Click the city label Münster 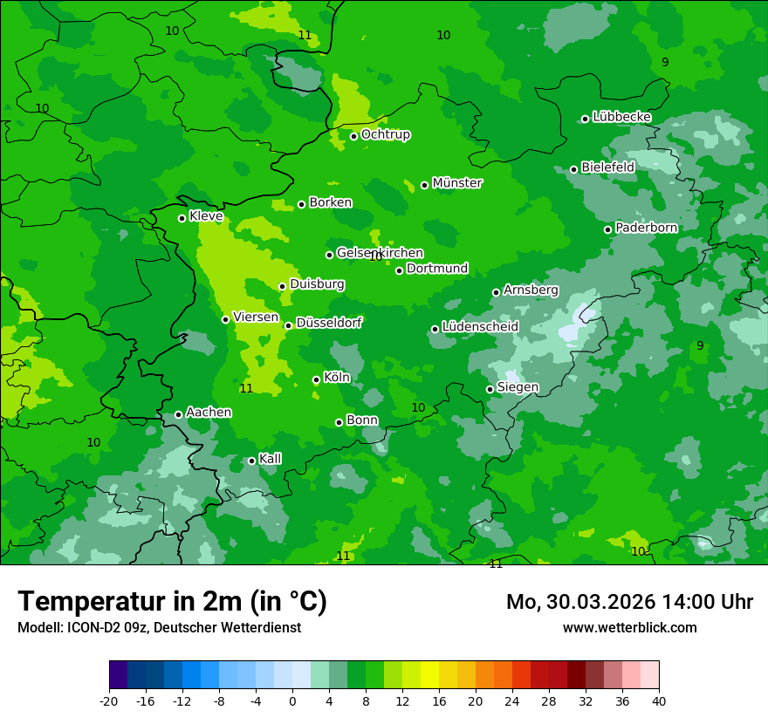(x=456, y=183)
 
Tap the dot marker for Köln (x=316, y=379)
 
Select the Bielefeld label (x=607, y=167)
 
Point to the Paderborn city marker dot (x=608, y=229)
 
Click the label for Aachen (x=209, y=413)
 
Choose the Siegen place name (x=518, y=387)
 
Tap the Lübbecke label (x=621, y=117)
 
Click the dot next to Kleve (x=182, y=218)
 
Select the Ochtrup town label (x=385, y=134)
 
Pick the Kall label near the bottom (x=270, y=459)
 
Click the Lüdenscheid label (x=480, y=327)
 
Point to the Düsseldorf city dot (x=288, y=325)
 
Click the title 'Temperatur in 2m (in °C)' (x=172, y=602)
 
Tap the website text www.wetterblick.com (x=629, y=628)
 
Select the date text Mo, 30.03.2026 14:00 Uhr (x=629, y=602)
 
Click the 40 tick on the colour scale (x=658, y=700)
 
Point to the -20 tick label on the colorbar (x=109, y=700)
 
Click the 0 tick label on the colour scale (x=292, y=700)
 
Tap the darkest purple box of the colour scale (x=118, y=675)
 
